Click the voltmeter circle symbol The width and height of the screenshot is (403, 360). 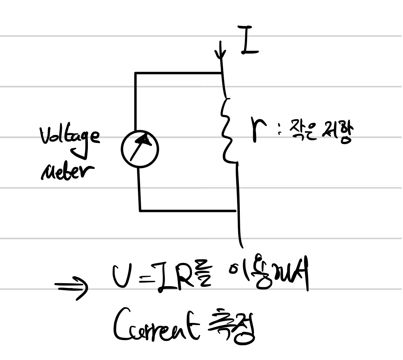pos(140,149)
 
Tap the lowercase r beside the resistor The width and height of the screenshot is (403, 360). pos(259,130)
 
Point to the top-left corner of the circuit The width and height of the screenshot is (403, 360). pos(136,73)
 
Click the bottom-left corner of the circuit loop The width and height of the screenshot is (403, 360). pos(140,211)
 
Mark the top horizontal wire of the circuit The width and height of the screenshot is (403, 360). pos(178,73)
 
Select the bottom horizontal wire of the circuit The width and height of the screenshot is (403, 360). pos(187,211)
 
